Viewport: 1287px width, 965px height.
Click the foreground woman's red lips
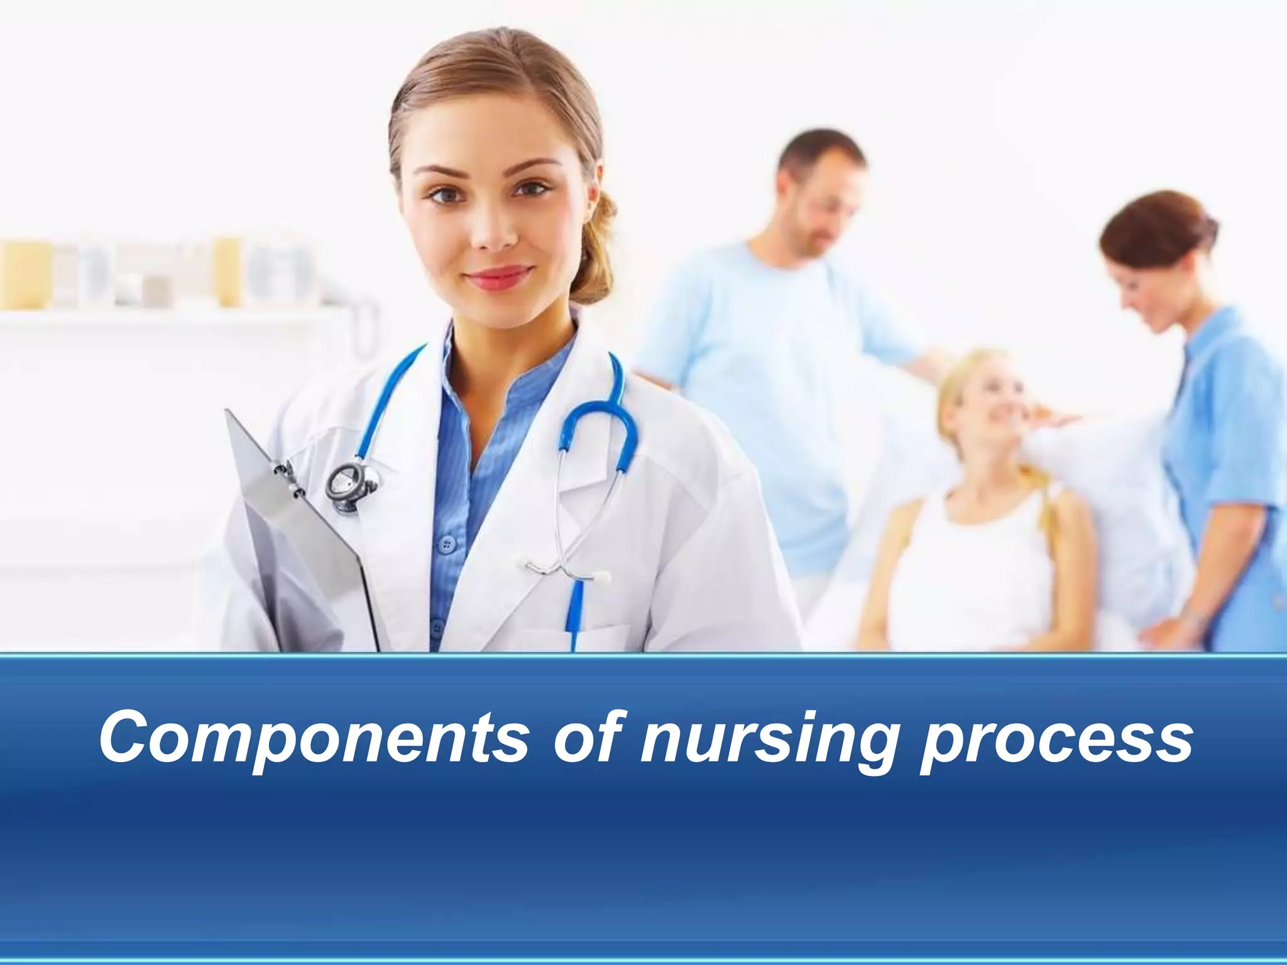click(x=500, y=276)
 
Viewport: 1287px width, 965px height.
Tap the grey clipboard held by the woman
click(x=295, y=534)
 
